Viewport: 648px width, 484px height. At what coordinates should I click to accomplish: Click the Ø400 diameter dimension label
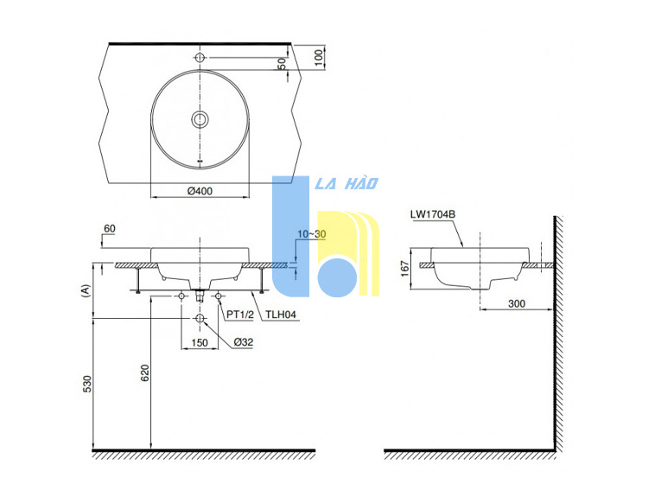point(200,191)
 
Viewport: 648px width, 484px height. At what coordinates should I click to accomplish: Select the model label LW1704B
point(433,214)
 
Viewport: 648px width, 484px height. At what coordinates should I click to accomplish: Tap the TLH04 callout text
point(281,315)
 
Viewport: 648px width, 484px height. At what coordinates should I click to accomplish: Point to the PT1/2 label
point(240,315)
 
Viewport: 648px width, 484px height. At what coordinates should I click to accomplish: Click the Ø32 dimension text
point(244,342)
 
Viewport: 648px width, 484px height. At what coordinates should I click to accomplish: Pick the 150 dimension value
point(200,342)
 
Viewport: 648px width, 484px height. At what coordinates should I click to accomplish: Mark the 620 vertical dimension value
point(145,373)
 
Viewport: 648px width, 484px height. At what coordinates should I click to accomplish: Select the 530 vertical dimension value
point(88,384)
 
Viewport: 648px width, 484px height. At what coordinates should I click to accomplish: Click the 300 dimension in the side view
point(517,303)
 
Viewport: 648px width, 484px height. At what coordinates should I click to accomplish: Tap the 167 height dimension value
point(405,269)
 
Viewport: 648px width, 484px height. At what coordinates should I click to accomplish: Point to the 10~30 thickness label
point(312,234)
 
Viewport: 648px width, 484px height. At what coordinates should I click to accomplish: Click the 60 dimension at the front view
point(110,228)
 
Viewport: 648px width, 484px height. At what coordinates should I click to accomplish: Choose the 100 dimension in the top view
point(318,57)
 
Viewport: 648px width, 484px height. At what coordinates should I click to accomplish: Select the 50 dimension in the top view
point(282,64)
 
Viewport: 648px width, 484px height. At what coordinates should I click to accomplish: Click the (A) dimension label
point(86,290)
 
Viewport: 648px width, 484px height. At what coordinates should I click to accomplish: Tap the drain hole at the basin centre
point(200,119)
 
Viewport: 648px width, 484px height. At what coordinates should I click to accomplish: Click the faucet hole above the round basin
point(200,57)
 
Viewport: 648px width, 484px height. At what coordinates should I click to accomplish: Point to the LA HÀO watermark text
point(346,183)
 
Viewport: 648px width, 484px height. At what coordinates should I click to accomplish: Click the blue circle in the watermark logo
point(337,277)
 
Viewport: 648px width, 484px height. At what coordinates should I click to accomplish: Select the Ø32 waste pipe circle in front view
point(200,318)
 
